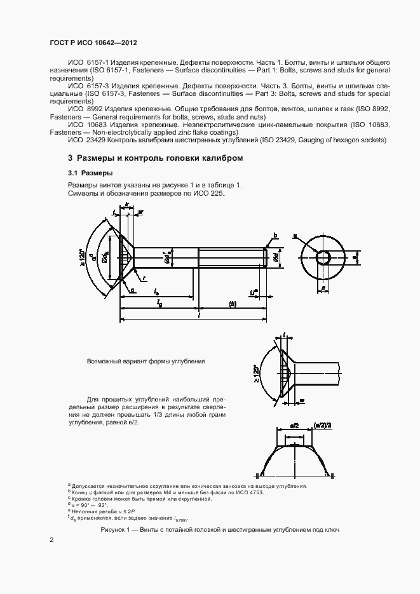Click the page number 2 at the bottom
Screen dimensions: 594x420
[x=51, y=539]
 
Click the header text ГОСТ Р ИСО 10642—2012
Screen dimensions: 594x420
[x=93, y=43]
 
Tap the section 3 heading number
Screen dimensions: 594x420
[x=70, y=158]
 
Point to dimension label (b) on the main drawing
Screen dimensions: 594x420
[x=232, y=304]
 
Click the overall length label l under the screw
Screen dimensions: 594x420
[x=199, y=315]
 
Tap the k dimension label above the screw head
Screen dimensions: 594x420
[x=127, y=205]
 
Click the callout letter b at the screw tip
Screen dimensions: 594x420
[x=275, y=236]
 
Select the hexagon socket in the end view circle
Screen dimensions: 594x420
[x=324, y=257]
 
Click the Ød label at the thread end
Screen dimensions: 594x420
[x=275, y=258]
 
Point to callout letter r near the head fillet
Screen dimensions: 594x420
[x=144, y=278]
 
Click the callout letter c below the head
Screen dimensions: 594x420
[x=134, y=290]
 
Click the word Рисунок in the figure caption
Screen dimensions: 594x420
[x=115, y=529]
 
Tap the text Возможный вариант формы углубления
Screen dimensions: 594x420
[x=146, y=361]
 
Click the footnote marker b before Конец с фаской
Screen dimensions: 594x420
[x=69, y=491]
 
